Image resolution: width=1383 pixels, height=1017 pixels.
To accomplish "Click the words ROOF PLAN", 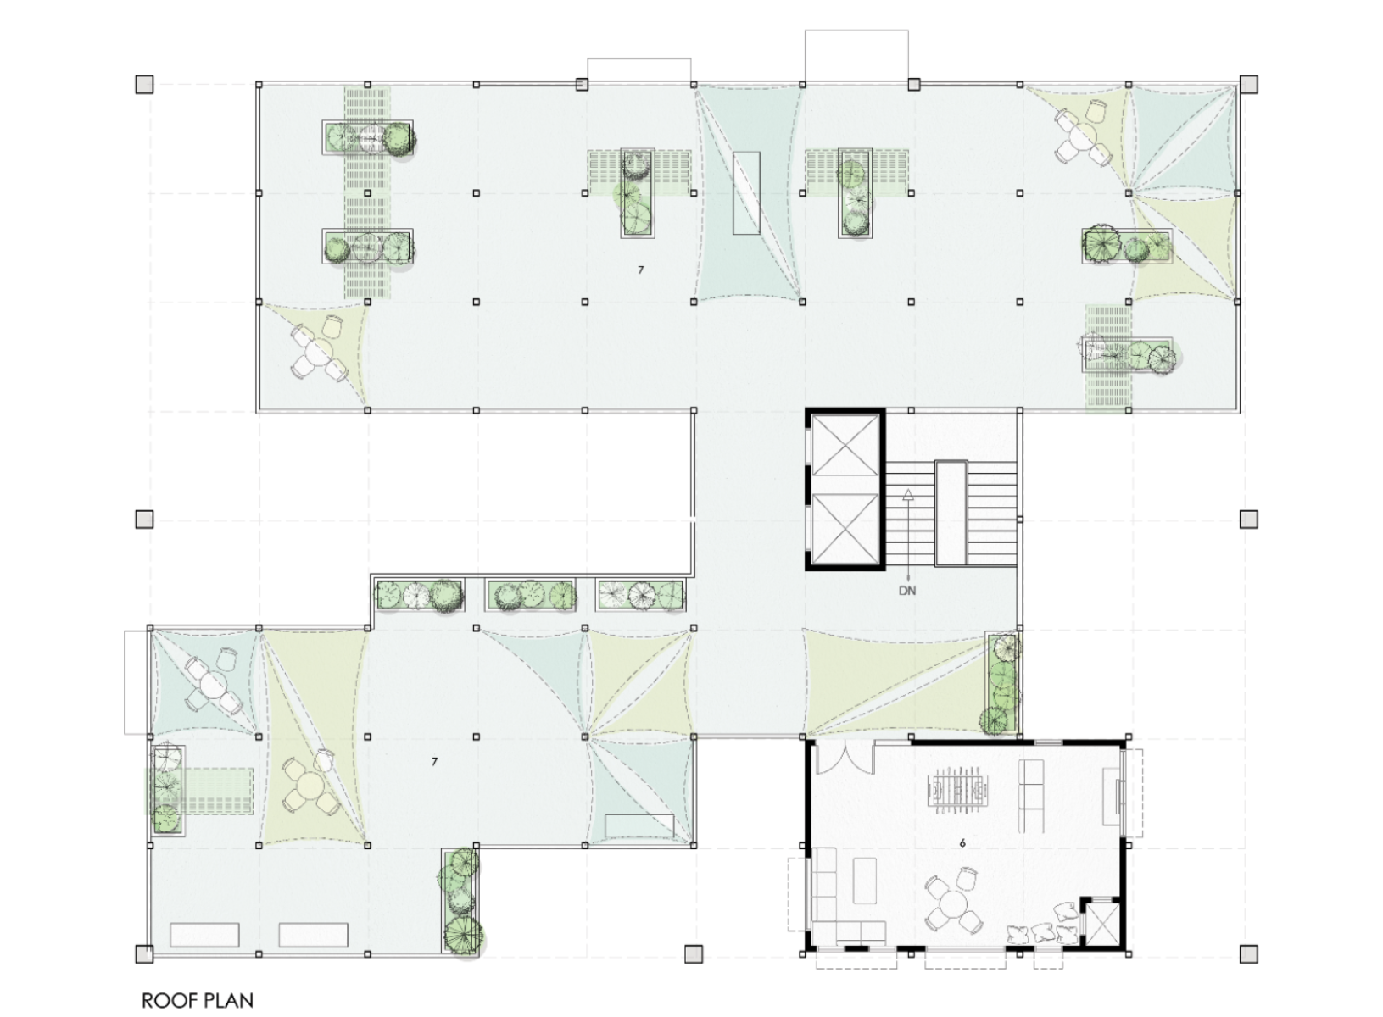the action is point(198,1000).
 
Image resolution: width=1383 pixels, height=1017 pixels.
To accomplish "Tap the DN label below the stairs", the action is point(907,591).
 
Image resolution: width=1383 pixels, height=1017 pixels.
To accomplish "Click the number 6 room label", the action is point(962,843).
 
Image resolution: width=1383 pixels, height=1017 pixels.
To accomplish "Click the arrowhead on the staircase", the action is point(907,494).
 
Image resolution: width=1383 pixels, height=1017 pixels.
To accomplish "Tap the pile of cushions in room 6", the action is point(1045,925).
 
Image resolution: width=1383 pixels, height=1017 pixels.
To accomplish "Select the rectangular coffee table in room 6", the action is point(864,881).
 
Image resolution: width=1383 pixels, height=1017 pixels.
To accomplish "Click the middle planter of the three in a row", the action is point(531,595).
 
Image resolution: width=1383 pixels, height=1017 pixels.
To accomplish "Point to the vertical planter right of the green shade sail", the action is point(1002,682).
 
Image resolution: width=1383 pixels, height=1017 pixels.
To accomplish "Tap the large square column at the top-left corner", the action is point(144,85).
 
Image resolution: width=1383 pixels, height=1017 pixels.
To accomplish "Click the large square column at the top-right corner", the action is point(1249,84).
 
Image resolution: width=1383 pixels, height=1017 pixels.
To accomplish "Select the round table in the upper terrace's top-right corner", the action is point(1082,135).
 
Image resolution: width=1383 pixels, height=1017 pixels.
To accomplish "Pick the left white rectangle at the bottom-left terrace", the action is point(204,935).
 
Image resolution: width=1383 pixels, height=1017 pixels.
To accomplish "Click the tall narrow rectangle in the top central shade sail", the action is point(746,193).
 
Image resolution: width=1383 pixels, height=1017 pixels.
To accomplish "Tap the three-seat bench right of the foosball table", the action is point(1031,796).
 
